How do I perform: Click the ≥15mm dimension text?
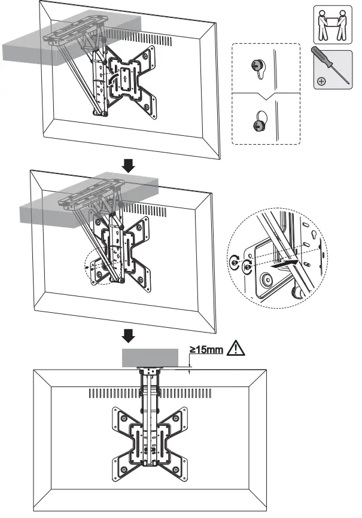206,349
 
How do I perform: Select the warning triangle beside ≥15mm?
237,348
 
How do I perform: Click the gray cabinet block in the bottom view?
150,357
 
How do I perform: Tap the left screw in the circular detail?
234,262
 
